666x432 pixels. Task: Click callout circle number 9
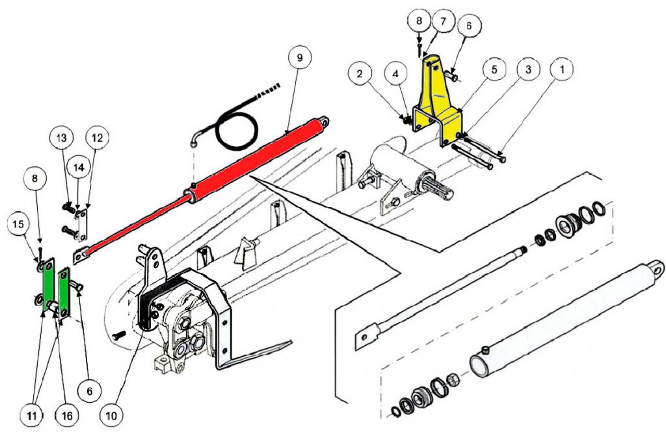(x=299, y=57)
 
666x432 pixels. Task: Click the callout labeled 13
(x=62, y=138)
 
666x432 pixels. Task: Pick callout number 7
(x=442, y=21)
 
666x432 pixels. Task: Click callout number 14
(x=79, y=167)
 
